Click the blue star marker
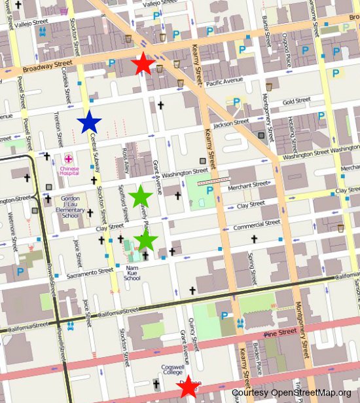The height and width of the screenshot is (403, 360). point(89,122)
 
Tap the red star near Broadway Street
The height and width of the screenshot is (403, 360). point(143,64)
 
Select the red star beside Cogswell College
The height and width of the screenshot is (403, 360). point(189,387)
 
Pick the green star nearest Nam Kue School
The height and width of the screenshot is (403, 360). point(145,240)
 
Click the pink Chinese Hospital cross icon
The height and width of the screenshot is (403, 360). point(69,159)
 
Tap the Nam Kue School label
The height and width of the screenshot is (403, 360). point(132,273)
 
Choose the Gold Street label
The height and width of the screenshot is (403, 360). point(297,101)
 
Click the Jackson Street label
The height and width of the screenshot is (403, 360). point(231,123)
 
